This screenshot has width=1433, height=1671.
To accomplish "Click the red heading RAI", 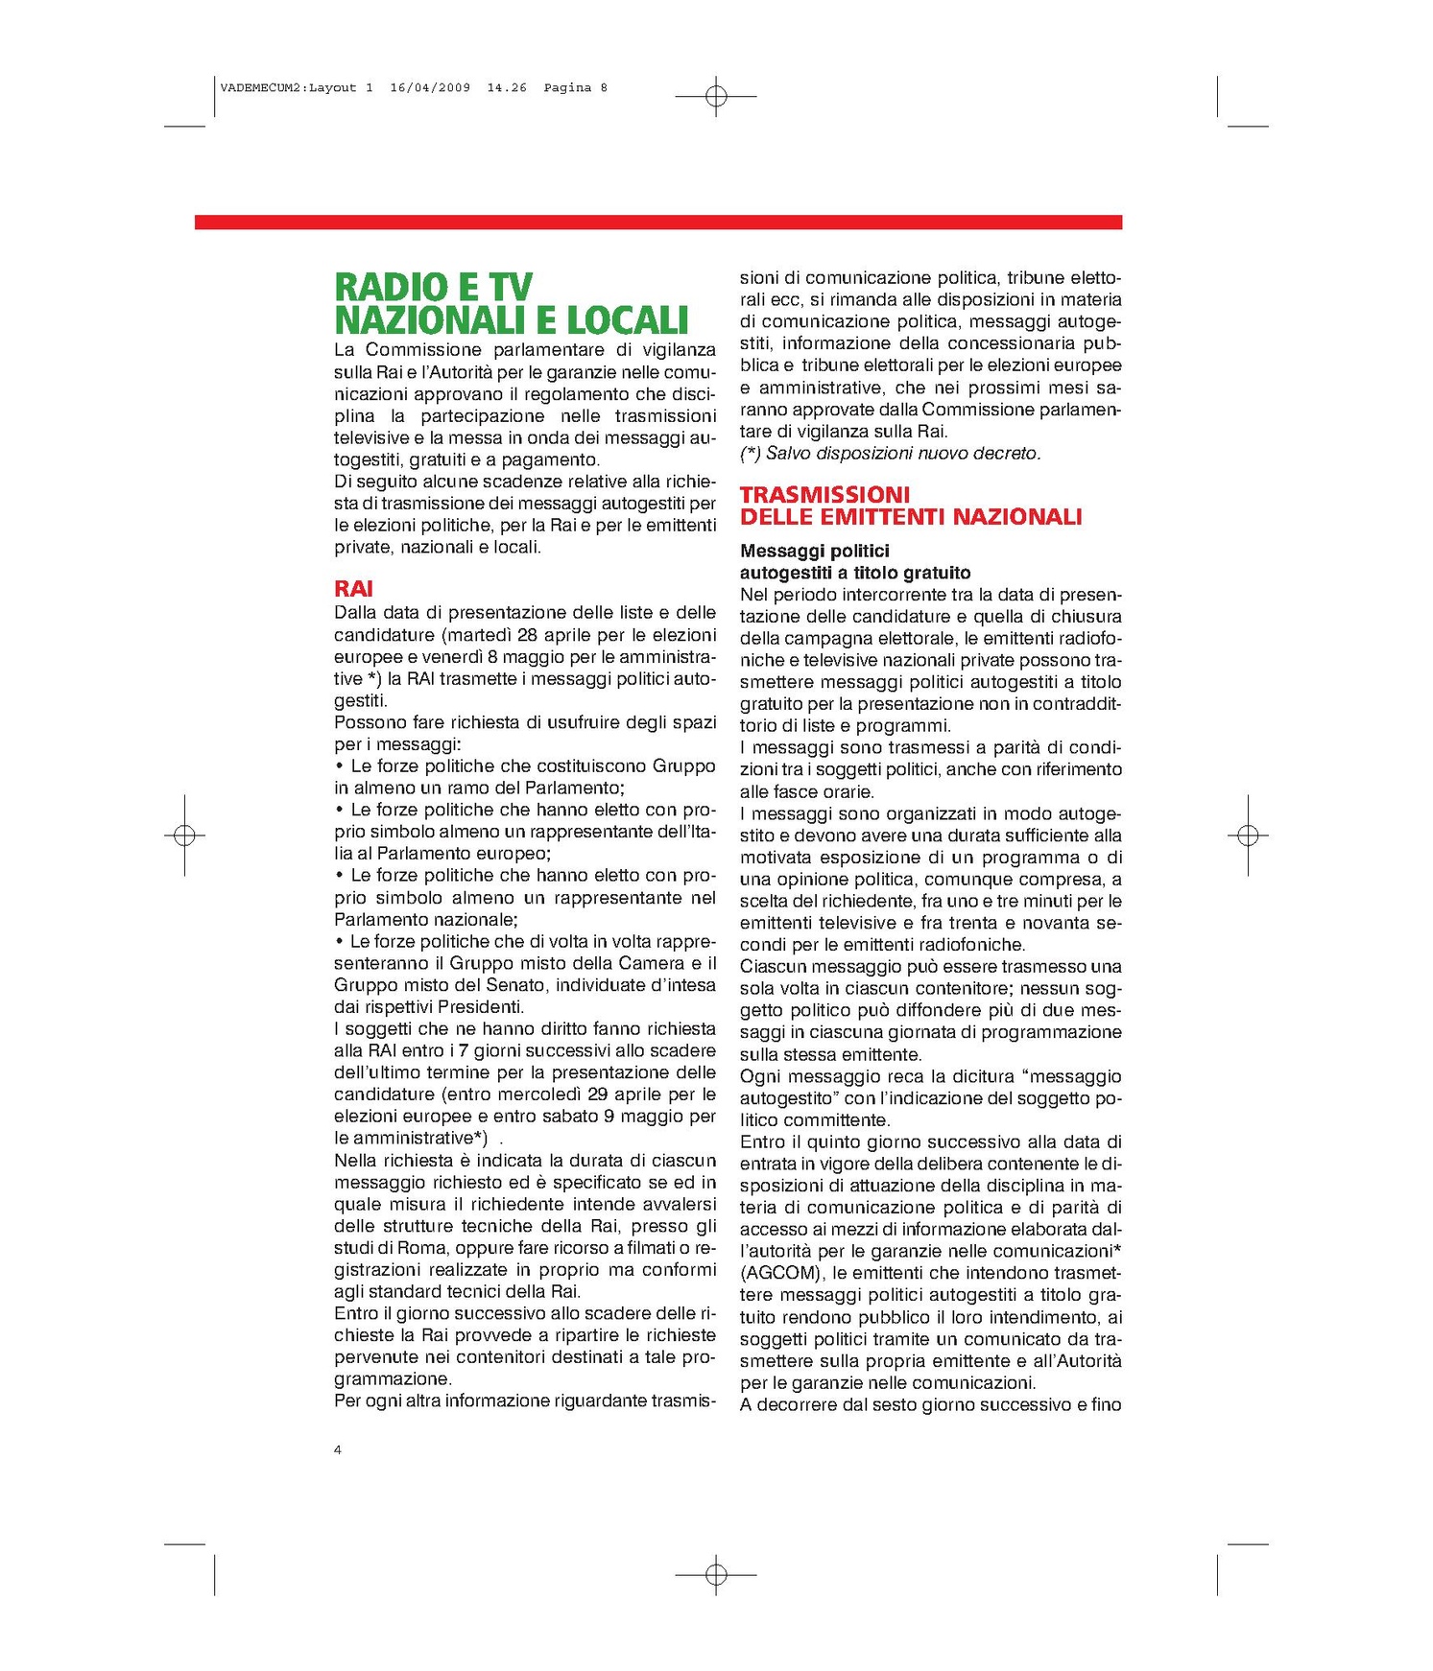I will tap(353, 589).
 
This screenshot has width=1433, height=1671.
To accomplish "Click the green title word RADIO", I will tap(392, 287).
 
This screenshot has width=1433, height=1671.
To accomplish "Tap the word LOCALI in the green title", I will tap(628, 320).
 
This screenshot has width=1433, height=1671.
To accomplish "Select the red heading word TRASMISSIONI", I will tap(824, 495).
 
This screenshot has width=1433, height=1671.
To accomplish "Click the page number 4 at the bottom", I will tap(338, 1449).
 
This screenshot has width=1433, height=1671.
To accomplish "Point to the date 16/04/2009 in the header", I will tap(430, 87).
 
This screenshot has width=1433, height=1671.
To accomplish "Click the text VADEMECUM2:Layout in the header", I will tap(288, 87).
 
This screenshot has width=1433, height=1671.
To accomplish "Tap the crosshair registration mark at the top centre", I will tap(716, 96).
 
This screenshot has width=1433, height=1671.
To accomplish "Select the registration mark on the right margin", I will tap(1248, 835).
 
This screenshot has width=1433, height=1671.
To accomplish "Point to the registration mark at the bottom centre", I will tap(716, 1574).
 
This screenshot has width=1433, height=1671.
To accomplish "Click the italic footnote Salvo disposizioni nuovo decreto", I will tap(902, 454).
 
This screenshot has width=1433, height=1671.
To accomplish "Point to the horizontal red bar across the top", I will tap(658, 223).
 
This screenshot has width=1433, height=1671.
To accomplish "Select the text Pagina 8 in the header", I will tap(575, 87).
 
